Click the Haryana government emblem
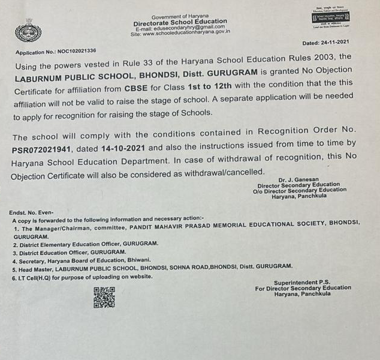(x=28, y=30)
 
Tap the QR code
(x=104, y=298)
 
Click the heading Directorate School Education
(x=180, y=22)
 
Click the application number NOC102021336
(x=77, y=52)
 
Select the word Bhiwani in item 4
(x=135, y=260)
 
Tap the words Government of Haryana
(x=179, y=16)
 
